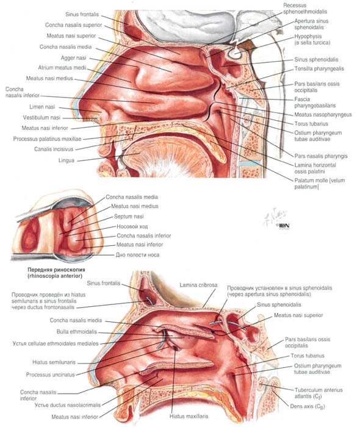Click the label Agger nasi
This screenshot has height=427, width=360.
pos(73,58)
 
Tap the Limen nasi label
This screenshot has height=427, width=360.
pos(42,107)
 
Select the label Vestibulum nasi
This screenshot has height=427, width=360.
pos(41,118)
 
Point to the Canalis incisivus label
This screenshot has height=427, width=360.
pos(54,149)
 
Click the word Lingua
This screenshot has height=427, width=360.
pos(66,160)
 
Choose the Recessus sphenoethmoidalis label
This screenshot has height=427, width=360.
pos(305,9)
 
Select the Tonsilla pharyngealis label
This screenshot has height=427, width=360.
pos(319,68)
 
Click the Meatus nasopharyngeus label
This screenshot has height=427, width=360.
pos(323,115)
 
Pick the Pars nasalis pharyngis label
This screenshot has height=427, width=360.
pos(321,156)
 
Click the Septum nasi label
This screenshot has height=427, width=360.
pos(129,217)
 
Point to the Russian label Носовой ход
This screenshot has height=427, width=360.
pos(132,226)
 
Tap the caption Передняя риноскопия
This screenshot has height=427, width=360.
pos(56,270)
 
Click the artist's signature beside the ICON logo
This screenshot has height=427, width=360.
pos(275,217)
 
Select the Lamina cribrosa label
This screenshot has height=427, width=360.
pos(198,285)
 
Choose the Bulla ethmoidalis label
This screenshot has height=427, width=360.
pos(77,332)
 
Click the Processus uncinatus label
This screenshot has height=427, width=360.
pos(51,375)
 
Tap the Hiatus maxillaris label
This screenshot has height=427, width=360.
pos(189,416)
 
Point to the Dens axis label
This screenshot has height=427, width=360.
pos(308,406)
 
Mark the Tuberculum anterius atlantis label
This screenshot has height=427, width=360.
pos(319,393)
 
